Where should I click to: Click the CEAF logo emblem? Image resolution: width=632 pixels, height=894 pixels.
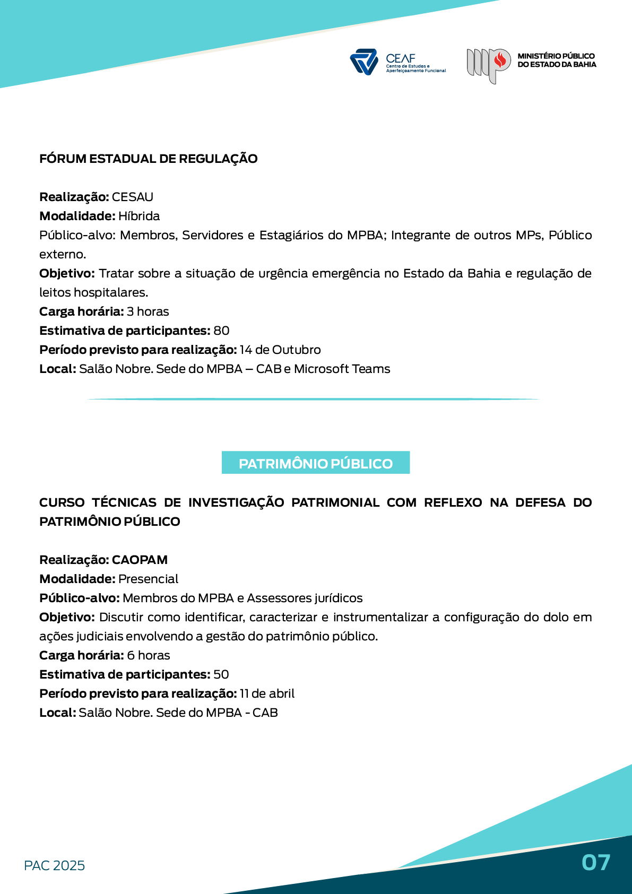tap(364, 62)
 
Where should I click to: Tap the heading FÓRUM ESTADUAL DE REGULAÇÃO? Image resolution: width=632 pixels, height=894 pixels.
tap(148, 159)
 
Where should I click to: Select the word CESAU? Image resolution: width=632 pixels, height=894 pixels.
tap(133, 197)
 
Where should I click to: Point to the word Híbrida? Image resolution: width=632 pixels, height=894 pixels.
tap(139, 216)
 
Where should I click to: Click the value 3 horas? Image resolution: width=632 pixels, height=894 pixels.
tap(148, 311)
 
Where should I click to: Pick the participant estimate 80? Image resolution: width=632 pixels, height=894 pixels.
tap(221, 331)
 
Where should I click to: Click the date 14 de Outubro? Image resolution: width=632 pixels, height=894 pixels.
tap(280, 350)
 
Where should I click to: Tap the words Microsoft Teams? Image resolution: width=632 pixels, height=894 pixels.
tap(342, 369)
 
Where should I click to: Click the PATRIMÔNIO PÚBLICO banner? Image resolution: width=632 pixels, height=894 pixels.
tap(316, 463)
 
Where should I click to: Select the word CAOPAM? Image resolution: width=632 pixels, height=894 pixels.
tap(140, 560)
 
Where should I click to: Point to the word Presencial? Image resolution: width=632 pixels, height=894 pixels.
tap(149, 579)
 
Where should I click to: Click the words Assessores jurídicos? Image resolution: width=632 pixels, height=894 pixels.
tap(305, 598)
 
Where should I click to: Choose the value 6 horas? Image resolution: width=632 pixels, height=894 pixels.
tap(149, 655)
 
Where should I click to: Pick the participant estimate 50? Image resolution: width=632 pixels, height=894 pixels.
tap(221, 674)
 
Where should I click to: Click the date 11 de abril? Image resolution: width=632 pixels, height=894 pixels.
tap(267, 693)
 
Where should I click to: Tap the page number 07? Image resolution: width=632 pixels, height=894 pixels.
tap(596, 862)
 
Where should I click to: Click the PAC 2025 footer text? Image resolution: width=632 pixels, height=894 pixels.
tap(55, 865)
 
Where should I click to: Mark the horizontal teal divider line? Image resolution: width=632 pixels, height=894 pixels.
tap(313, 399)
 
